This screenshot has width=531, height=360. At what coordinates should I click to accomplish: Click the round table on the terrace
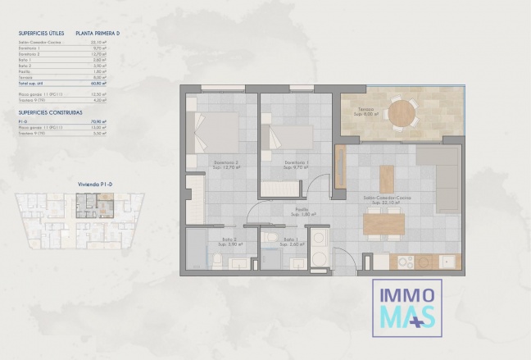401,114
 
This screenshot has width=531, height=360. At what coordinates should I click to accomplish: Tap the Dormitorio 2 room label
225,164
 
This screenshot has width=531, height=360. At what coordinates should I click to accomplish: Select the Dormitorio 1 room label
297,164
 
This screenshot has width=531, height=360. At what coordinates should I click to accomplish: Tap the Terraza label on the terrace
365,112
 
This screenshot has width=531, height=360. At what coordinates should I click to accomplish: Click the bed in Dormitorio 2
216,130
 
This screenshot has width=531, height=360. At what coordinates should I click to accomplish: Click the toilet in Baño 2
216,261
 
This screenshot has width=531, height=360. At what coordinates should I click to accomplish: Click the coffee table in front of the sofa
386,179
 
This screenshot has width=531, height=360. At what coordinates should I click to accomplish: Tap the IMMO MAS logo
406,307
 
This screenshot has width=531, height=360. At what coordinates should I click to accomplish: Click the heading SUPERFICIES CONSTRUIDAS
50,112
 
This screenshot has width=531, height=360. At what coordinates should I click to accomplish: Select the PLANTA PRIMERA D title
97,34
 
